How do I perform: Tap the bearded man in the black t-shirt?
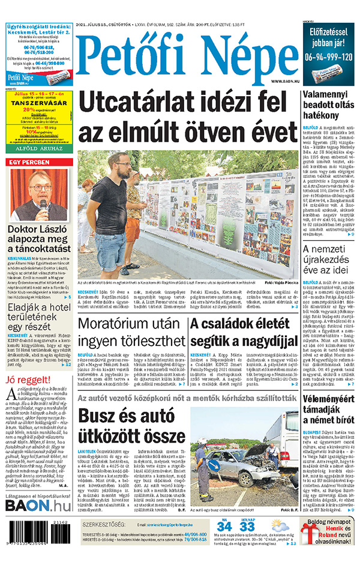pos(114,210)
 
